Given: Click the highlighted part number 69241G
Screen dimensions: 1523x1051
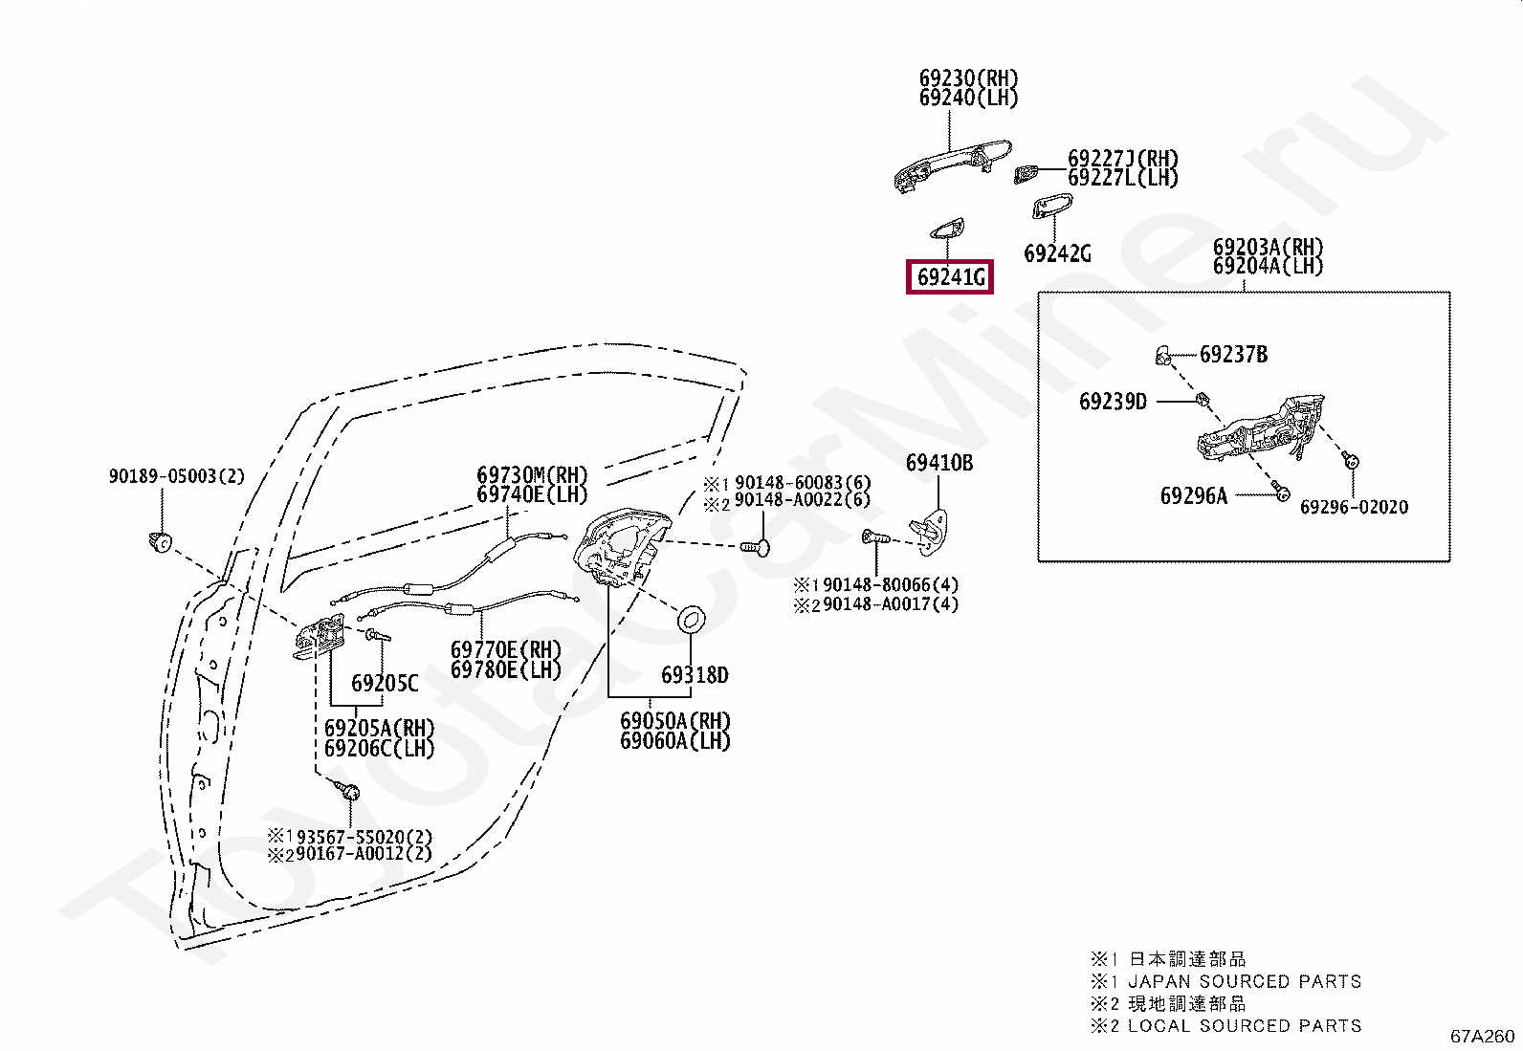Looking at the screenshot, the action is (x=950, y=277).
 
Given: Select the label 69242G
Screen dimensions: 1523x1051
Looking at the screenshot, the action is (x=1057, y=253).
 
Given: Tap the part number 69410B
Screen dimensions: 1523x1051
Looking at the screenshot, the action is (x=938, y=463).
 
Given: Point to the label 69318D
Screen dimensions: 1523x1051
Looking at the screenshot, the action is (x=695, y=675).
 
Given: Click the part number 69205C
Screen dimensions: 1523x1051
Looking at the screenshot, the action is (x=385, y=683).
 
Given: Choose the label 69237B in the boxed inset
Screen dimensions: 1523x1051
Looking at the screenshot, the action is (x=1233, y=354).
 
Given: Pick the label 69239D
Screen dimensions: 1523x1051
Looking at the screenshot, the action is (x=1113, y=402).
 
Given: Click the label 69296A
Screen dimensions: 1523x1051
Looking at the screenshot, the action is (x=1193, y=496).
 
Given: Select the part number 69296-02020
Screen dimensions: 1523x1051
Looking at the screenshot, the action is (x=1354, y=507).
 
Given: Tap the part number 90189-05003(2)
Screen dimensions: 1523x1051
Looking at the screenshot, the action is (x=176, y=476).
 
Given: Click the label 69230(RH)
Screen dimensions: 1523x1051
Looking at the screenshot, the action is (x=968, y=78).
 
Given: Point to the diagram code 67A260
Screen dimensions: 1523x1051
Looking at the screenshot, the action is (x=1482, y=1036).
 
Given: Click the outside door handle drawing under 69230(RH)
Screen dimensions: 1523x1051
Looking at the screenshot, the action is (x=952, y=165).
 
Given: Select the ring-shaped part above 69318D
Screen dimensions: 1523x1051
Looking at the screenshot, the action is (x=691, y=618).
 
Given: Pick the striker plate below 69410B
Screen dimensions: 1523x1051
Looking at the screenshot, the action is (x=929, y=532).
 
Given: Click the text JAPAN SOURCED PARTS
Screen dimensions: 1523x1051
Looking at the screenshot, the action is (x=1245, y=981).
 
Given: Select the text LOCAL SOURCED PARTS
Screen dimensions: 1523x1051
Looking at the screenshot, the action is (x=1245, y=1025).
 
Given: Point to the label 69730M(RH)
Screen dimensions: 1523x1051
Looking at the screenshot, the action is (x=532, y=474).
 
